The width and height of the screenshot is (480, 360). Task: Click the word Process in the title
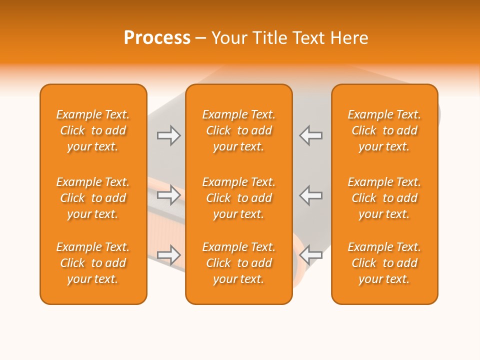[x=157, y=38]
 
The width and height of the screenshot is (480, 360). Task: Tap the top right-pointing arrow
[x=168, y=135]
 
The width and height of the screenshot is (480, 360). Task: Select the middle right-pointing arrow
[x=168, y=195]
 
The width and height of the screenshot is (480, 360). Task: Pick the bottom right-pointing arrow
[x=168, y=255]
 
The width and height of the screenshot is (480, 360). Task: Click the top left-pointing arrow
[x=310, y=135]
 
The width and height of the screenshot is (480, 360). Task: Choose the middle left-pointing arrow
[x=310, y=195]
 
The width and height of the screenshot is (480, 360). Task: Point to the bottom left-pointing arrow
[x=310, y=255]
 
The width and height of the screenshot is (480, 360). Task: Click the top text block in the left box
[x=93, y=130]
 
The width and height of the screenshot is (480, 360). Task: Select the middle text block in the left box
[x=93, y=198]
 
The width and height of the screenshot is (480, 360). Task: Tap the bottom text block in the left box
[x=93, y=263]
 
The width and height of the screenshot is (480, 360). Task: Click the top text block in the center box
[x=239, y=130]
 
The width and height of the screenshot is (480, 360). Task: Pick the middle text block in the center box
[x=239, y=198]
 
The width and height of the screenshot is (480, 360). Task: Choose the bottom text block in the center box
[x=239, y=263]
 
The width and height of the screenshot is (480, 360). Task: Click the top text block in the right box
[x=384, y=130]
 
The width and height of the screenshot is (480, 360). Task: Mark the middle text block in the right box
[x=384, y=198]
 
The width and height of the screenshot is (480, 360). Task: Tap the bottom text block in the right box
[x=384, y=263]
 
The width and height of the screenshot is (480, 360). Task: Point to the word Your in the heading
[x=229, y=38]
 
